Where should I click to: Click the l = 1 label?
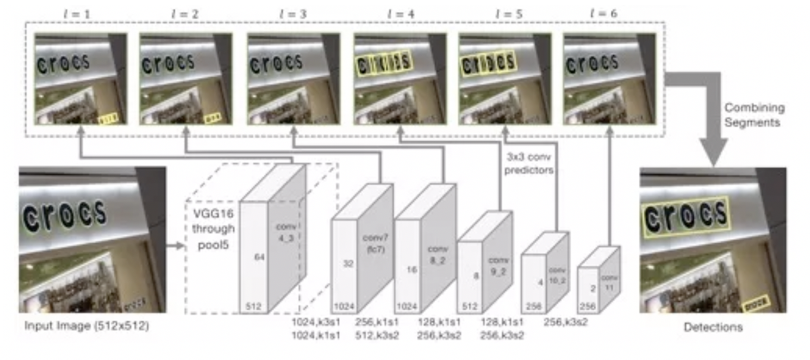click(x=81, y=13)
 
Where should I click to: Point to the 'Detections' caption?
click(x=713, y=328)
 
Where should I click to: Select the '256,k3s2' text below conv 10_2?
click(x=565, y=322)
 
